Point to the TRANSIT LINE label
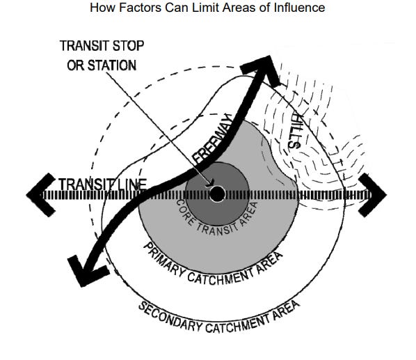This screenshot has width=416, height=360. [x=102, y=185]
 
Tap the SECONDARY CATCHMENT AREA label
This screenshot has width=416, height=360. [x=219, y=319]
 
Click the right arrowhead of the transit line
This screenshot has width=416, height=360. [x=379, y=194]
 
